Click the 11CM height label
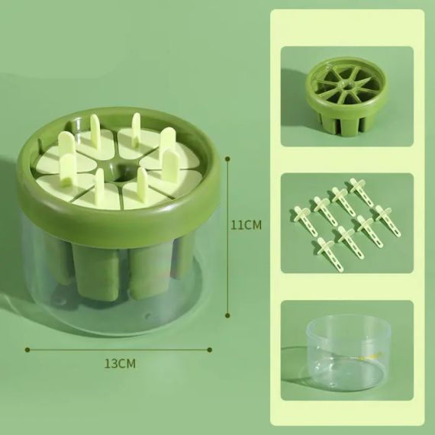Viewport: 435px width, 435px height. [246, 226]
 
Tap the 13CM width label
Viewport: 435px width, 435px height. [120, 363]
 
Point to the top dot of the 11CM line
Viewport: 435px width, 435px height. [228, 157]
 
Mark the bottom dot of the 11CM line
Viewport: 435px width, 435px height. [228, 311]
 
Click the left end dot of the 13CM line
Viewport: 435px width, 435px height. [27, 350]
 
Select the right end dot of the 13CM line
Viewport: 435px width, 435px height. [211, 350]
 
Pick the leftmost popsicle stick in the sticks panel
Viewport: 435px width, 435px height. [299, 216]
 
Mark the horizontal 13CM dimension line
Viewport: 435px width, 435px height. [119, 350]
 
